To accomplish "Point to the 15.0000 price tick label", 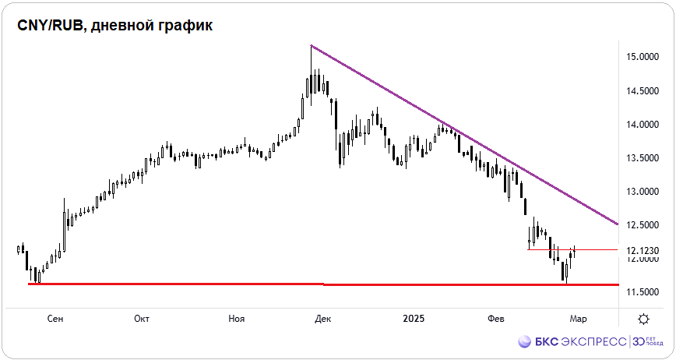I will (x=643, y=57).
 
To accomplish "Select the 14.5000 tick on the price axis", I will (x=643, y=91).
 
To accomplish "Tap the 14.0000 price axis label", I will (x=643, y=125).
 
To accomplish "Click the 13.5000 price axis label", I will (x=643, y=158).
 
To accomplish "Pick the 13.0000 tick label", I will (x=643, y=192).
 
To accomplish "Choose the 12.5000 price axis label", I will (x=643, y=225).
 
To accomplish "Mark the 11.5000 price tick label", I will (x=643, y=292).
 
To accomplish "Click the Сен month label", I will (x=55, y=319).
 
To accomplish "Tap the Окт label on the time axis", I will (x=142, y=319).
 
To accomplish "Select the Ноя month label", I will (x=237, y=319).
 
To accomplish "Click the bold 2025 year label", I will (x=414, y=319).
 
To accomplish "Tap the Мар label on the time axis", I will (x=577, y=319).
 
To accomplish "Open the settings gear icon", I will (x=643, y=319).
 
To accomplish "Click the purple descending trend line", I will (x=467, y=137).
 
